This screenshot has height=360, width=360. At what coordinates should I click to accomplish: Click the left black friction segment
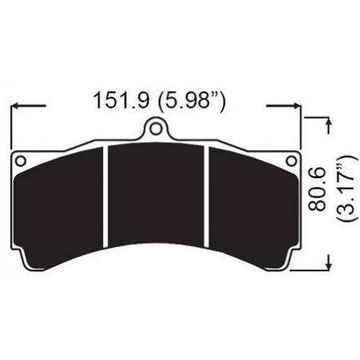[x=61, y=200]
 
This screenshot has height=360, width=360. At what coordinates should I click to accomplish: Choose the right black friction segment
[x=250, y=200]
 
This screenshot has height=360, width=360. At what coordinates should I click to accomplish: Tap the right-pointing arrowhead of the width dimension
[x=297, y=103]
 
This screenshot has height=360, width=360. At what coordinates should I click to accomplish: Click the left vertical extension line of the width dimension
[x=9, y=126]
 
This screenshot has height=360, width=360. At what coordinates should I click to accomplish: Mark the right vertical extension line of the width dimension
[x=303, y=126]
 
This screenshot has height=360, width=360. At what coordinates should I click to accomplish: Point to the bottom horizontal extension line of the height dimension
[x=310, y=270]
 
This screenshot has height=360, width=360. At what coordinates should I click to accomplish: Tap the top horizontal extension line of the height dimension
[x=314, y=116]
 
